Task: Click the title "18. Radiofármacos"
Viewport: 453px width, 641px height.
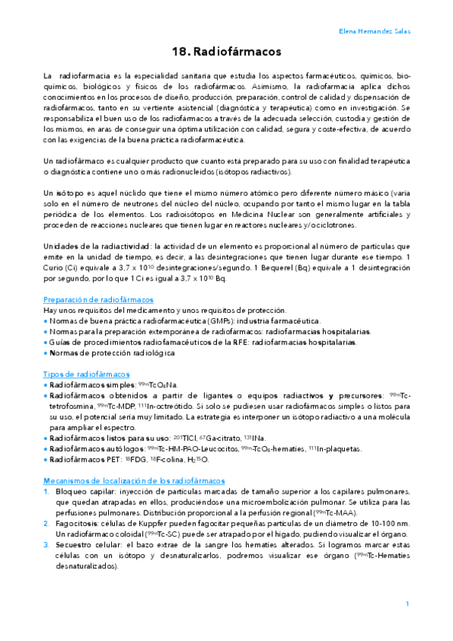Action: coord(227,52)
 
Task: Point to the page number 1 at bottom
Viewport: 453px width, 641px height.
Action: coord(407,603)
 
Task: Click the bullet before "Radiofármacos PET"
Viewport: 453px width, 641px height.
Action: coord(45,460)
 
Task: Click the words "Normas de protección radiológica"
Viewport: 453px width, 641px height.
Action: coord(111,353)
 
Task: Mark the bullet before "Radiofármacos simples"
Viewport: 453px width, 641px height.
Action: coord(45,385)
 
